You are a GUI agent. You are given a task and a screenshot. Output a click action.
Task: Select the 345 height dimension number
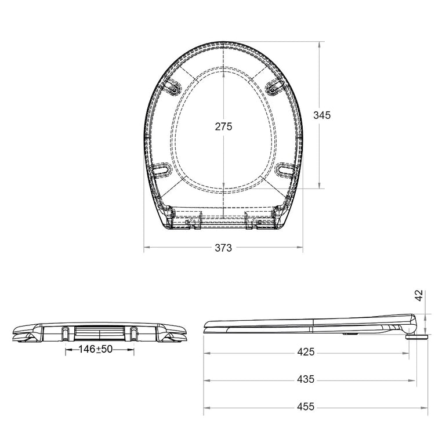(x=322, y=115)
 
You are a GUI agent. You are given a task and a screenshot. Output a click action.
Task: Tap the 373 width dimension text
(x=223, y=248)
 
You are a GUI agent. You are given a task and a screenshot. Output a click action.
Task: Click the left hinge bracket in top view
(x=191, y=222)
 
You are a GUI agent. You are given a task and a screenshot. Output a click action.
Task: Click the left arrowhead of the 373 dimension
(x=146, y=248)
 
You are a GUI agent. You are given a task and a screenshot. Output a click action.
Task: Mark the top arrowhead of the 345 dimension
(x=320, y=44)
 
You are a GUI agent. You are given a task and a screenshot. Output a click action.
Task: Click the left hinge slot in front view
(x=64, y=333)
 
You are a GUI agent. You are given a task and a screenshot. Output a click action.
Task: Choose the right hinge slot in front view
(x=134, y=333)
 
